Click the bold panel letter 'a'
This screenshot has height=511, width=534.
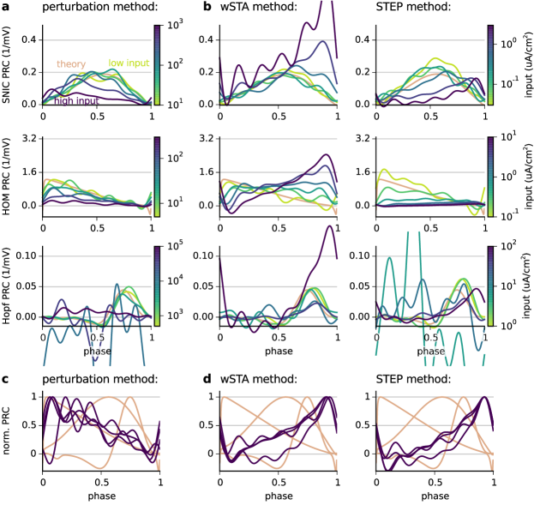coord(5,5)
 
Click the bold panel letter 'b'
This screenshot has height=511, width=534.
coord(207,6)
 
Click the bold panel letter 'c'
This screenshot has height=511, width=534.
coord(5,378)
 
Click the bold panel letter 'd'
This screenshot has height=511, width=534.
coord(207,378)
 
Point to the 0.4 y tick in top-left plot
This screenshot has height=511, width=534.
coord(27,39)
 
